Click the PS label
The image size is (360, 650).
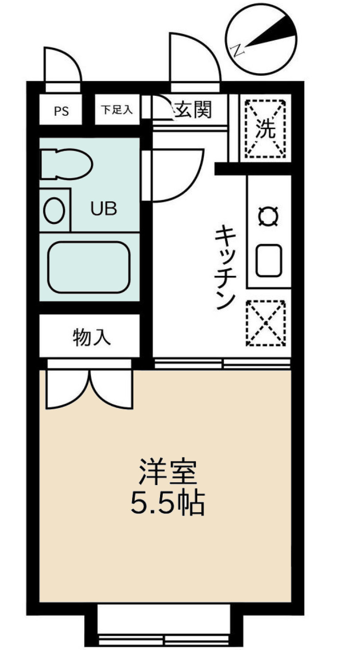click(61, 111)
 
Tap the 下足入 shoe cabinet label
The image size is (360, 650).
click(117, 110)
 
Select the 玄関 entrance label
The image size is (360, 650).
click(194, 110)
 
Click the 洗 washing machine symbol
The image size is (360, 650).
click(266, 129)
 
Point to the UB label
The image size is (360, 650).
click(104, 209)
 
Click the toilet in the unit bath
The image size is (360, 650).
click(67, 164)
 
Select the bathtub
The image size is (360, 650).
click(89, 267)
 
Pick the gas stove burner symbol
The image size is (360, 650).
click(269, 217)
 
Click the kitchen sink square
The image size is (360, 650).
click(269, 261)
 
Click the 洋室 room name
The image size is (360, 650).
click(168, 473)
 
